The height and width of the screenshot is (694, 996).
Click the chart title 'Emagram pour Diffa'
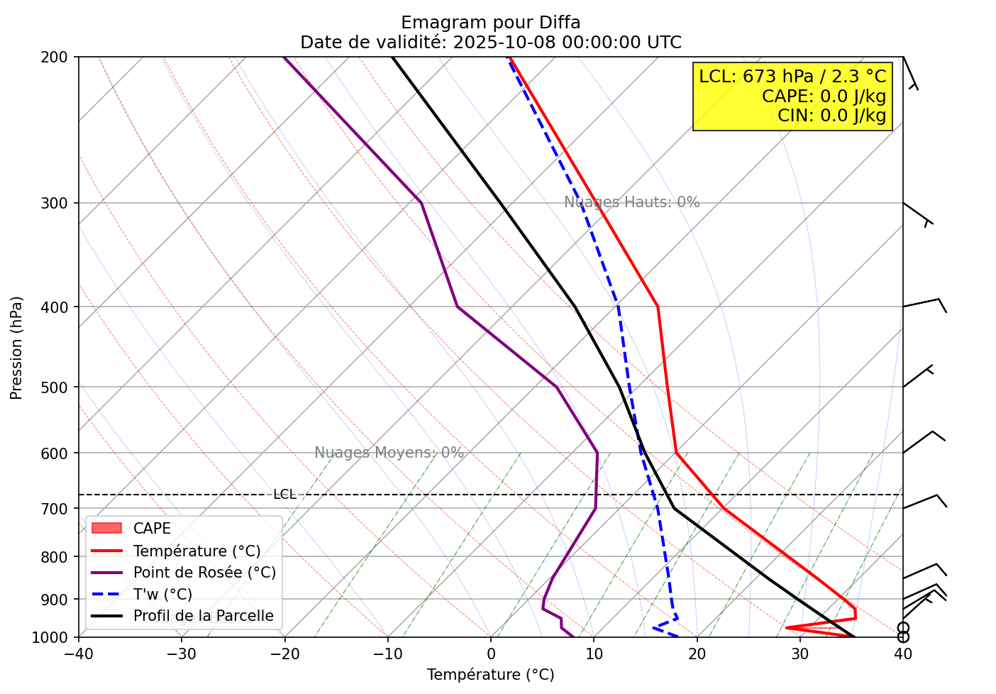click(490, 23)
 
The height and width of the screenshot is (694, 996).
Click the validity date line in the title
click(490, 43)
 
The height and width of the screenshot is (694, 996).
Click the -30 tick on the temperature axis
click(182, 654)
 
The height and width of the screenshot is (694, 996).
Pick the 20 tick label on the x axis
click(697, 654)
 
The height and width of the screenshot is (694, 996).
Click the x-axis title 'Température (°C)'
click(490, 674)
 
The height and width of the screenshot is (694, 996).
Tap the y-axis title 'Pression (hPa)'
click(16, 348)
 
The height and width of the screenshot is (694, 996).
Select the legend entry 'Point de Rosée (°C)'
click(204, 573)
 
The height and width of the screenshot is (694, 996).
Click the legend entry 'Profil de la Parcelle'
click(203, 616)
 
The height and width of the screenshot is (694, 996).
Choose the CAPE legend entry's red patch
click(106, 529)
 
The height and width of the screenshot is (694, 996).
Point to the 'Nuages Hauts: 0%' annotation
click(631, 202)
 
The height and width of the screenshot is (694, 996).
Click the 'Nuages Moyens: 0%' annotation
click(389, 453)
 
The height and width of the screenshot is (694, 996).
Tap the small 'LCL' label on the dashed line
click(284, 495)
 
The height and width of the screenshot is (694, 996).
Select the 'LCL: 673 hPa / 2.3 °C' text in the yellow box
click(792, 77)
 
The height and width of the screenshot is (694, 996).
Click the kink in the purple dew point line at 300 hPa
click(421, 203)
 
